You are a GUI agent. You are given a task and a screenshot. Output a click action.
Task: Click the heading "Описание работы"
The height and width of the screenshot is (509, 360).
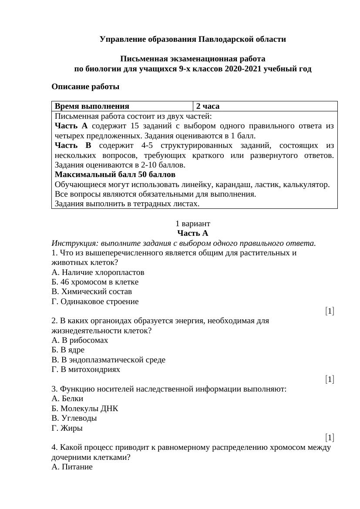tap(85, 87)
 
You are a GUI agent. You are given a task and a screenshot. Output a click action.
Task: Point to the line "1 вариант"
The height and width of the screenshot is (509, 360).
tap(193, 224)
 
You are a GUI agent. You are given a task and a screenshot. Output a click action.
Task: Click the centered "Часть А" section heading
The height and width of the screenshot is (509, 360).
tap(193, 233)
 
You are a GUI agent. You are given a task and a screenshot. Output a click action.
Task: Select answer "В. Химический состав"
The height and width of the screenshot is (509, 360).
tap(91, 291)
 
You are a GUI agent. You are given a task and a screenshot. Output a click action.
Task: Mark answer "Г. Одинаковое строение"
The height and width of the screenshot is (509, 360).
tap(95, 301)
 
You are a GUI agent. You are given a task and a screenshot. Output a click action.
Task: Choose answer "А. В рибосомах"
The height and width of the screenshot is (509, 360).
tap(80, 340)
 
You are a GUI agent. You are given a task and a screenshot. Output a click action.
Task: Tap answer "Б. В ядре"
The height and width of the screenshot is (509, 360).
tap(68, 350)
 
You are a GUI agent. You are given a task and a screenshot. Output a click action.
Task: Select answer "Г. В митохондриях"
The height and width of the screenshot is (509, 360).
tap(86, 369)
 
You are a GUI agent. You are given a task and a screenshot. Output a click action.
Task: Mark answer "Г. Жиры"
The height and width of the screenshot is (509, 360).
tap(67, 428)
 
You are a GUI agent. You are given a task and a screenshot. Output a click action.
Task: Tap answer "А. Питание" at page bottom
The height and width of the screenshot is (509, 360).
tap(72, 467)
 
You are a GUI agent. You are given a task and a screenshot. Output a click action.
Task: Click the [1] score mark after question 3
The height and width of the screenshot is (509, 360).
tap(330, 438)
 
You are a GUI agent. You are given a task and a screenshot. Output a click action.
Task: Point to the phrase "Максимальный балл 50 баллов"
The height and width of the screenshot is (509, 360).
tap(115, 174)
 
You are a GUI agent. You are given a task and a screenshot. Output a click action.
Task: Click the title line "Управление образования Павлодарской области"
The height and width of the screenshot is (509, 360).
tap(193, 39)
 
